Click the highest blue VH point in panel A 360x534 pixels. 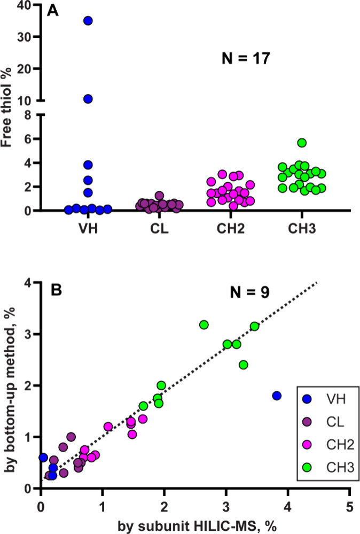tap(88, 21)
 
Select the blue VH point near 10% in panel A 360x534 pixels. tap(88, 99)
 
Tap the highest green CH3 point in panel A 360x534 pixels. tap(302, 143)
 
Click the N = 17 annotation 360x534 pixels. tap(246, 58)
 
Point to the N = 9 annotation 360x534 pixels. tap(250, 292)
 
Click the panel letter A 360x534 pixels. tap(53, 11)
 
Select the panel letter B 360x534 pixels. tap(56, 290)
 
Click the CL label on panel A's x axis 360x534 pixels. tap(159, 229)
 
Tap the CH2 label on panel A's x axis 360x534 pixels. tap(230, 229)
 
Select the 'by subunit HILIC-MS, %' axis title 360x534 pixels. tap(197, 526)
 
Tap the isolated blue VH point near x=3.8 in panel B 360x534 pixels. tap(277, 396)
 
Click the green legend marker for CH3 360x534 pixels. tap(307, 467)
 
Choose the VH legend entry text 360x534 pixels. tap(336, 399)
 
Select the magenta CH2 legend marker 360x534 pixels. tap(307, 444)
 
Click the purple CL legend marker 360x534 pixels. tap(307, 422)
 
